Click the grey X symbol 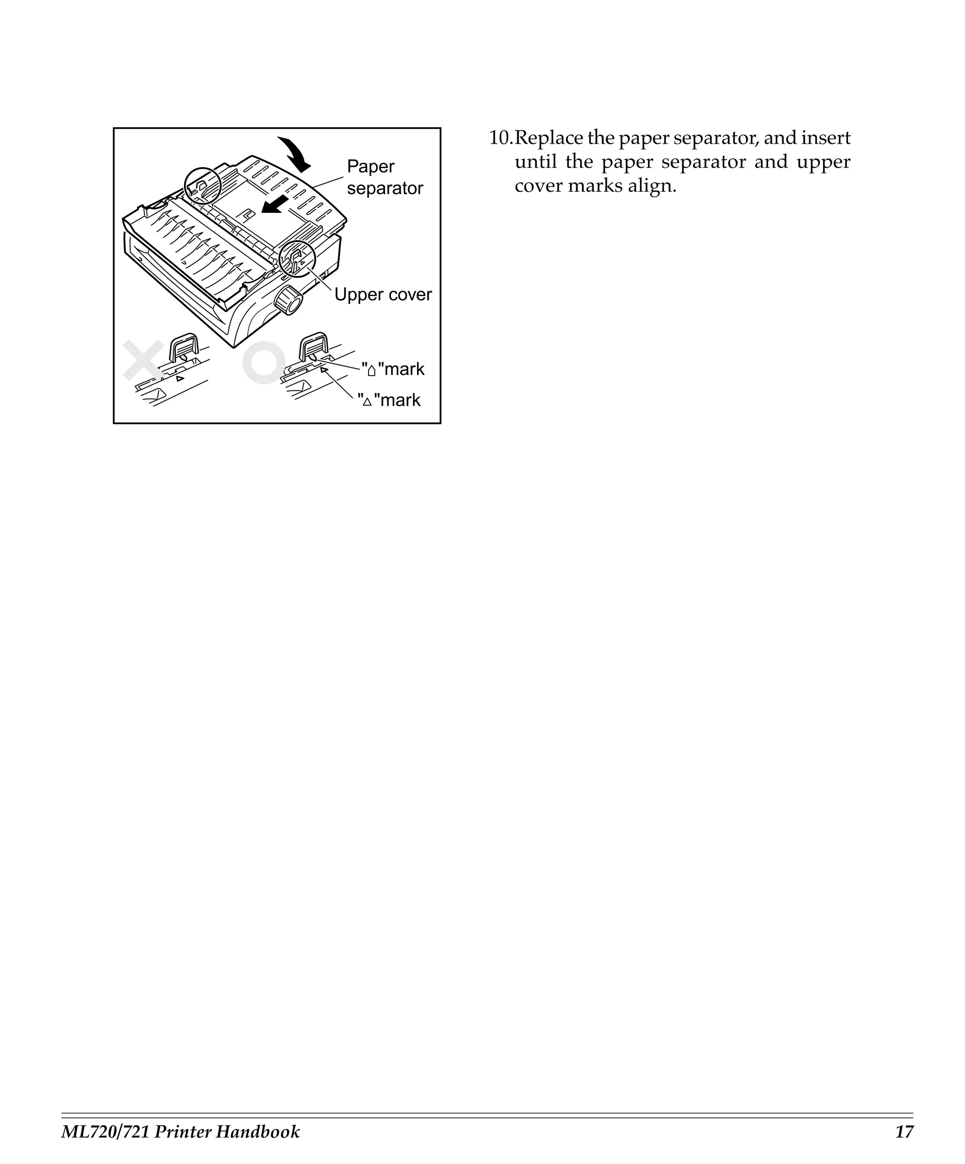tap(143, 360)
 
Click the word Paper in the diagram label tap(370, 166)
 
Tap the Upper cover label tap(383, 294)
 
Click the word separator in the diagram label tap(384, 188)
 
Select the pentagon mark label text tap(393, 369)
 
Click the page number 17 tap(904, 1131)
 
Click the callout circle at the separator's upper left tap(203, 186)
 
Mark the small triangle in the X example tap(180, 379)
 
